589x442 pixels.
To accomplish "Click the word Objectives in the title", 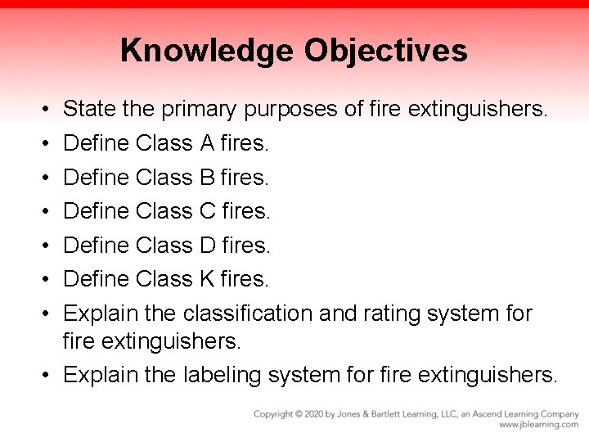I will tap(385, 51).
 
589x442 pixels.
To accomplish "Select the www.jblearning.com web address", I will tap(538, 425).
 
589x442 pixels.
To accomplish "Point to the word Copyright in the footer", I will tap(273, 414).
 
